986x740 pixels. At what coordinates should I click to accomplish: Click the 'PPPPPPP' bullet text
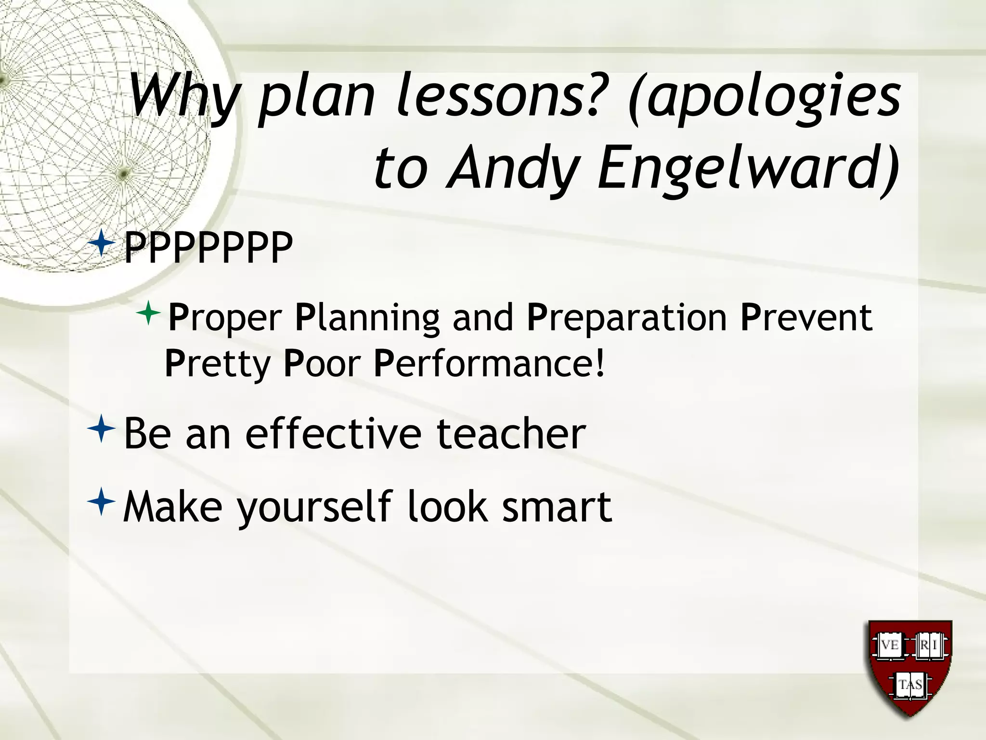click(208, 248)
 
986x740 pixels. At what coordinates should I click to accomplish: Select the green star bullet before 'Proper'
click(148, 313)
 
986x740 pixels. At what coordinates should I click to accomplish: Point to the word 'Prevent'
click(806, 317)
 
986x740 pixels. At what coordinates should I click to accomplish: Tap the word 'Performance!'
click(489, 363)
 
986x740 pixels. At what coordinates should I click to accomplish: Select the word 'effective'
click(333, 434)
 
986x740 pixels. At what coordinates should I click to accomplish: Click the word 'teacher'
click(511, 434)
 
